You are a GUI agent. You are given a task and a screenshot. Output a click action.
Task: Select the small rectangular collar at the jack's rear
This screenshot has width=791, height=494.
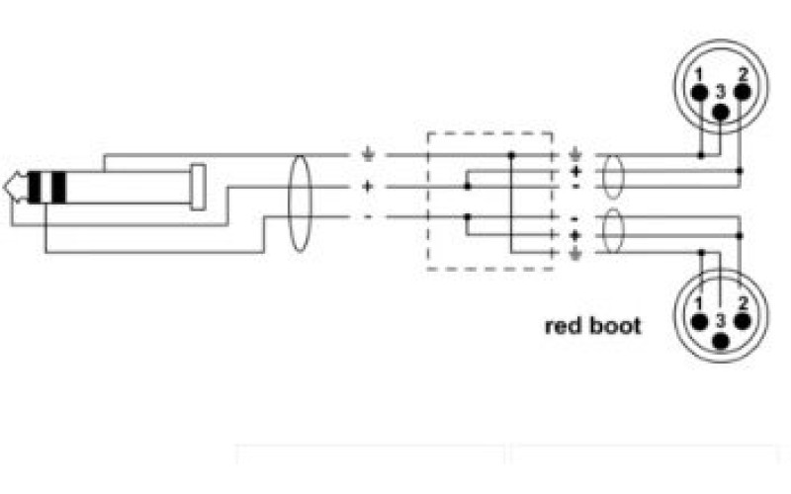[x=200, y=187]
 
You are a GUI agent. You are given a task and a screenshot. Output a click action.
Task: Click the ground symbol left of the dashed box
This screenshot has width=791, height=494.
[x=368, y=155]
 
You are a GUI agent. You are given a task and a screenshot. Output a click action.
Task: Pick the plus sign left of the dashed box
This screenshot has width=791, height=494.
[x=368, y=186]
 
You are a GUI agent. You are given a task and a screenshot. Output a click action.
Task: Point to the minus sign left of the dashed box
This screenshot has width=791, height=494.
[x=368, y=216]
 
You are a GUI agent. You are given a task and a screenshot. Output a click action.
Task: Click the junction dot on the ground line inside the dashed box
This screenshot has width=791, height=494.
[x=511, y=155]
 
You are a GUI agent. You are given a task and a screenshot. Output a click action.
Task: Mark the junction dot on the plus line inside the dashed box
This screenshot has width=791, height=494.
[x=467, y=186]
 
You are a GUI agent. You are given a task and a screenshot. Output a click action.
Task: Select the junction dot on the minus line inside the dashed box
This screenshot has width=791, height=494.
[x=467, y=216]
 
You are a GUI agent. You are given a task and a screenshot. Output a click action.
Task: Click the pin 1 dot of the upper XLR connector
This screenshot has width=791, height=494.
[x=699, y=92]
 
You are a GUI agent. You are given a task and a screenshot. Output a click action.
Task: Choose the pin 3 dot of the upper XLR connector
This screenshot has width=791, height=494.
[x=721, y=111]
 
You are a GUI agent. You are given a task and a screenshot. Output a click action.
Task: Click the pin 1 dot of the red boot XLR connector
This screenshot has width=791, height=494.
[x=699, y=321]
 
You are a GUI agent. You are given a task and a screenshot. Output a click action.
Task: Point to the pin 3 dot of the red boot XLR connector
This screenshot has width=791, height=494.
[x=721, y=341]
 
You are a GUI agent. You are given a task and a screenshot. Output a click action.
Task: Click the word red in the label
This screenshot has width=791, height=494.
[x=564, y=325]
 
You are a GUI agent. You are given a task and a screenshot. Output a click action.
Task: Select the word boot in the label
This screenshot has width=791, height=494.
[x=615, y=325]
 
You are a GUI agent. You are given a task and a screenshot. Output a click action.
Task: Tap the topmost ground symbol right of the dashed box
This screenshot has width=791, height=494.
[x=575, y=155]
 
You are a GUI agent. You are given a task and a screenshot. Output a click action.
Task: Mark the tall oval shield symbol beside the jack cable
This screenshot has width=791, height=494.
[x=299, y=203]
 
